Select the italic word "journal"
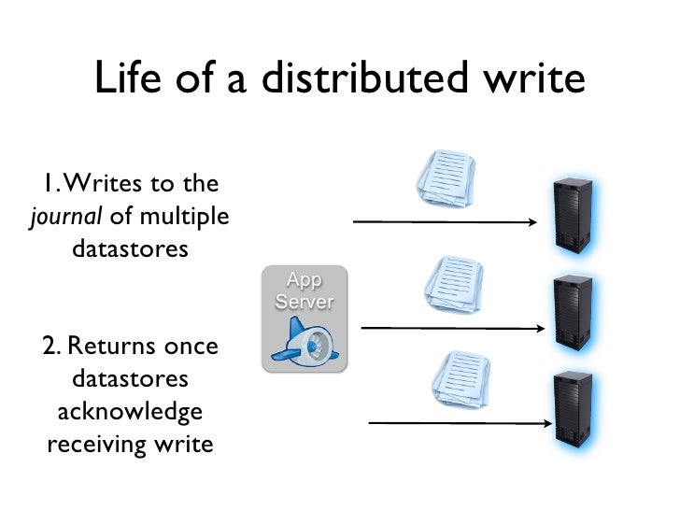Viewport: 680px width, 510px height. coord(66,218)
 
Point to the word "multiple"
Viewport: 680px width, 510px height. coord(185,217)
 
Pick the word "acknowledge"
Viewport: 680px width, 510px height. coord(130,411)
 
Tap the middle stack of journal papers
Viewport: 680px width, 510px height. coord(454,284)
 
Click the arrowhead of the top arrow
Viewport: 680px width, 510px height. coord(531,222)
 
